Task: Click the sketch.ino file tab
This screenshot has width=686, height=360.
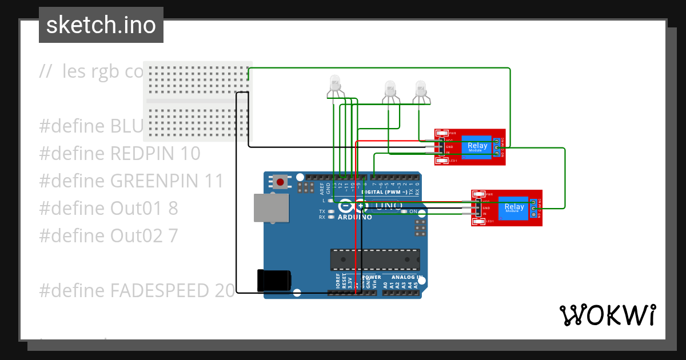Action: [x=101, y=25]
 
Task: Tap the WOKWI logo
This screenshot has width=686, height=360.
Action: [x=607, y=315]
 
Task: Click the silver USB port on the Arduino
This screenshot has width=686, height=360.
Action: [x=272, y=207]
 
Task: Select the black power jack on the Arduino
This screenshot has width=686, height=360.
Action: [x=274, y=280]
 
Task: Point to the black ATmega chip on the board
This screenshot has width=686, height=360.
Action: [x=374, y=259]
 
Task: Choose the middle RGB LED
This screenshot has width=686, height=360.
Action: [x=390, y=89]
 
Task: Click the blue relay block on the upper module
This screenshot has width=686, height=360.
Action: [x=477, y=147]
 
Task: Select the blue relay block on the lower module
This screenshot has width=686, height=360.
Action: [x=514, y=208]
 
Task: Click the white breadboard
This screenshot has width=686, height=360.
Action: [x=197, y=101]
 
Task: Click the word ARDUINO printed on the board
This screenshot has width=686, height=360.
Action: [x=354, y=217]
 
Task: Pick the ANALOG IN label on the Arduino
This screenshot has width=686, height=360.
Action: [x=407, y=277]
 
